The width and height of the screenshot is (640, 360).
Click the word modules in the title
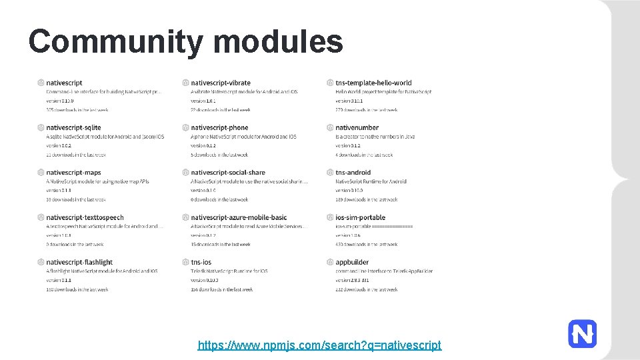pos(279,41)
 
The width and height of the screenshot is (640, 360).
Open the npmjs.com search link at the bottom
pos(319,345)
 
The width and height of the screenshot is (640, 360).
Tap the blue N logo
pos(582,333)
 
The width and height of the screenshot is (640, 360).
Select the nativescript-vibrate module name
pos(221,83)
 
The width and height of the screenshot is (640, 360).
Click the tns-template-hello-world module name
pos(373,83)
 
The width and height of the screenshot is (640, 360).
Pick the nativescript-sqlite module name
pos(73,127)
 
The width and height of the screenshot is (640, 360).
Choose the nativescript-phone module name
pos(219,127)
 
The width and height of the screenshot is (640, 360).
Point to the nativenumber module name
pos(357,127)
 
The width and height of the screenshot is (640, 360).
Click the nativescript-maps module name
pos(73,173)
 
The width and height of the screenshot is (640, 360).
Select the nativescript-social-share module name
pos(228,173)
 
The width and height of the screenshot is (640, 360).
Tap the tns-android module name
pos(353,173)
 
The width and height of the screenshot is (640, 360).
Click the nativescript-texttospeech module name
pos(85,217)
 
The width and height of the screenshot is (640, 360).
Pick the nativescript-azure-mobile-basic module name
pos(239,217)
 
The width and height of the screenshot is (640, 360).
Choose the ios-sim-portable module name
pos(360,217)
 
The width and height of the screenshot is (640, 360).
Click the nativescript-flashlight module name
pos(79,262)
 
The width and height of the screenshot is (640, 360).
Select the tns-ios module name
pos(201,262)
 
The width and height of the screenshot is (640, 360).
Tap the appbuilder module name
pos(352,262)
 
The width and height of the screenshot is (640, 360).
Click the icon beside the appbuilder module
pos(330,262)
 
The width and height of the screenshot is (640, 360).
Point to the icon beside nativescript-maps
pos(41,173)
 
